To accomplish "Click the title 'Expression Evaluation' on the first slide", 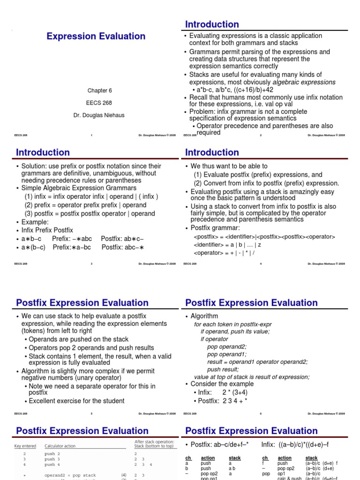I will [x=96, y=36].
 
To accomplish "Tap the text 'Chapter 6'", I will [x=100, y=90].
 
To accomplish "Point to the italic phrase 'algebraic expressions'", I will [x=304, y=82].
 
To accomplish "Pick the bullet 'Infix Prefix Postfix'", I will [x=47, y=230].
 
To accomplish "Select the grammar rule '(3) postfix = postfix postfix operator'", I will [x=90, y=213].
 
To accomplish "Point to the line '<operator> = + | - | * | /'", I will [x=225, y=253].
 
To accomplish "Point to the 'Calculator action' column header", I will [x=63, y=446].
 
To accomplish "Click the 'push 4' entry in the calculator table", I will [x=52, y=465].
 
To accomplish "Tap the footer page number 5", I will [x=91, y=414].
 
